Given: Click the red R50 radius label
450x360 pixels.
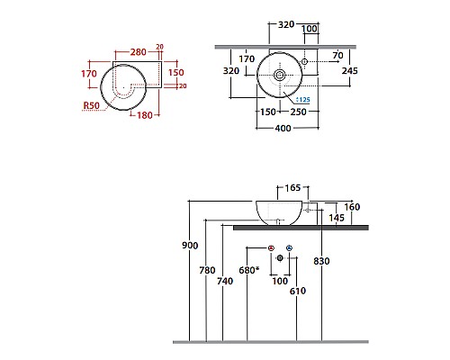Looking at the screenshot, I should point(89,105).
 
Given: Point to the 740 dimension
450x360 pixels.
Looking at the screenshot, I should point(224,281).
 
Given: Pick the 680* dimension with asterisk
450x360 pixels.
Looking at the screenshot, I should point(250,269).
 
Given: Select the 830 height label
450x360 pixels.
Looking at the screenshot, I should point(322,262).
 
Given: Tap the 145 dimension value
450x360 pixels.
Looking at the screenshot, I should point(336,218).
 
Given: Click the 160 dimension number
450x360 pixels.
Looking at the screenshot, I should point(351,207).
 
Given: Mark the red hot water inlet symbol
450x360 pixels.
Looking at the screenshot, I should point(271,247).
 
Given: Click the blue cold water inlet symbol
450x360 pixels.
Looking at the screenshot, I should point(289,247).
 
